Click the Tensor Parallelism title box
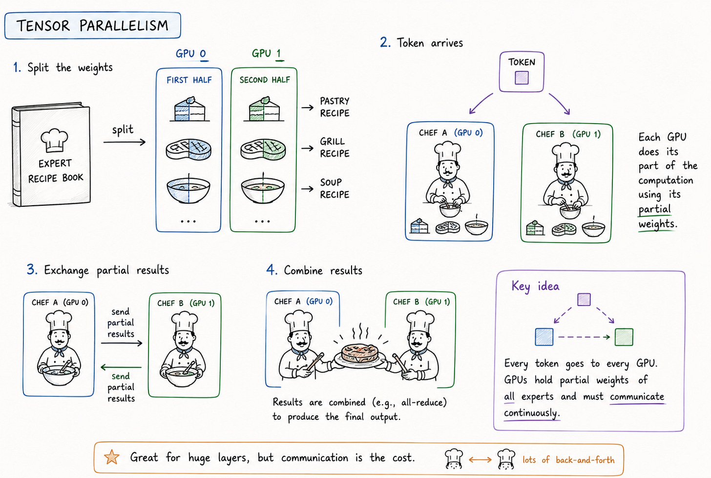[93, 25]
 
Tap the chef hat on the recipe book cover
[54, 140]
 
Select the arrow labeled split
[125, 142]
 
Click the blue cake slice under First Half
[189, 109]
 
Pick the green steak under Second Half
[263, 149]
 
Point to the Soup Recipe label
[335, 188]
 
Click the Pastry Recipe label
[335, 107]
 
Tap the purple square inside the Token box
[522, 78]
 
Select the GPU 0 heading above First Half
[191, 53]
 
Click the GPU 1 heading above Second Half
[266, 53]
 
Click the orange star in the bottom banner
[112, 457]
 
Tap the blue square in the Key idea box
[544, 337]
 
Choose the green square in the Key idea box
[624, 337]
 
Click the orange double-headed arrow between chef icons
[480, 459]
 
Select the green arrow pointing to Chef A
[121, 368]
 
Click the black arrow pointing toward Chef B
[122, 343]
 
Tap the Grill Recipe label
[335, 148]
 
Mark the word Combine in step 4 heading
[303, 271]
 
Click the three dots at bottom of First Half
[188, 221]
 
